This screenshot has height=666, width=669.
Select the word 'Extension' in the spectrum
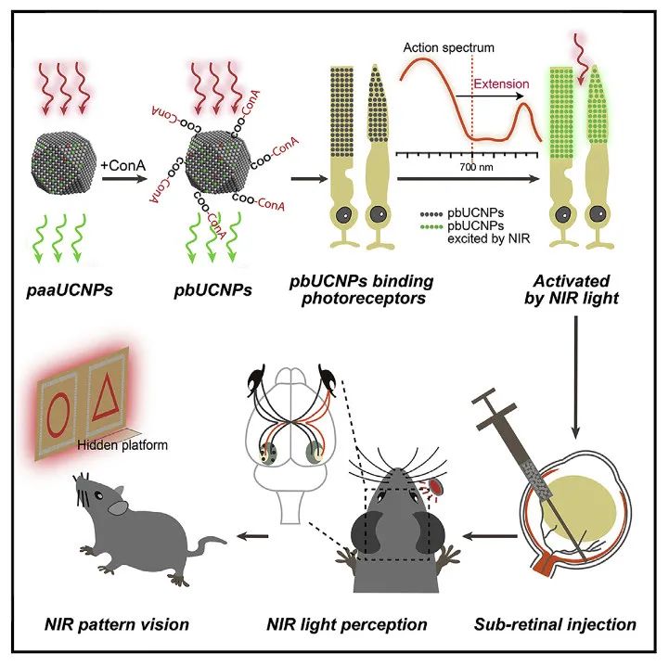tap(502, 83)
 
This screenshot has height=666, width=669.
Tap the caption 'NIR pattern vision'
tap(121, 624)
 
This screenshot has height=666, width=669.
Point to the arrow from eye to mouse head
tap(490, 535)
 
